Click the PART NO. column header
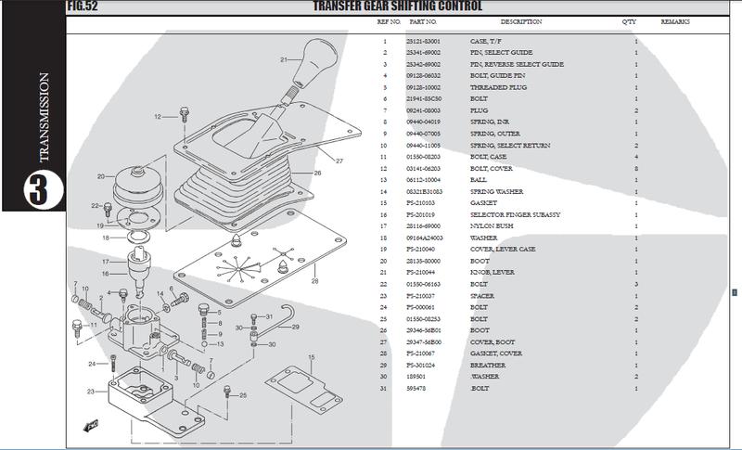pos(426,20)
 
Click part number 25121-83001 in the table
pos(423,42)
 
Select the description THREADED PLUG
pos(499,87)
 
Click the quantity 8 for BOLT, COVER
pos(635,168)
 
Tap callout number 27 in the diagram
pos(340,161)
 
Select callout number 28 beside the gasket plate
pos(315,280)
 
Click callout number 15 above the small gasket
pos(313,356)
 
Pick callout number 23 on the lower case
pos(89,392)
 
